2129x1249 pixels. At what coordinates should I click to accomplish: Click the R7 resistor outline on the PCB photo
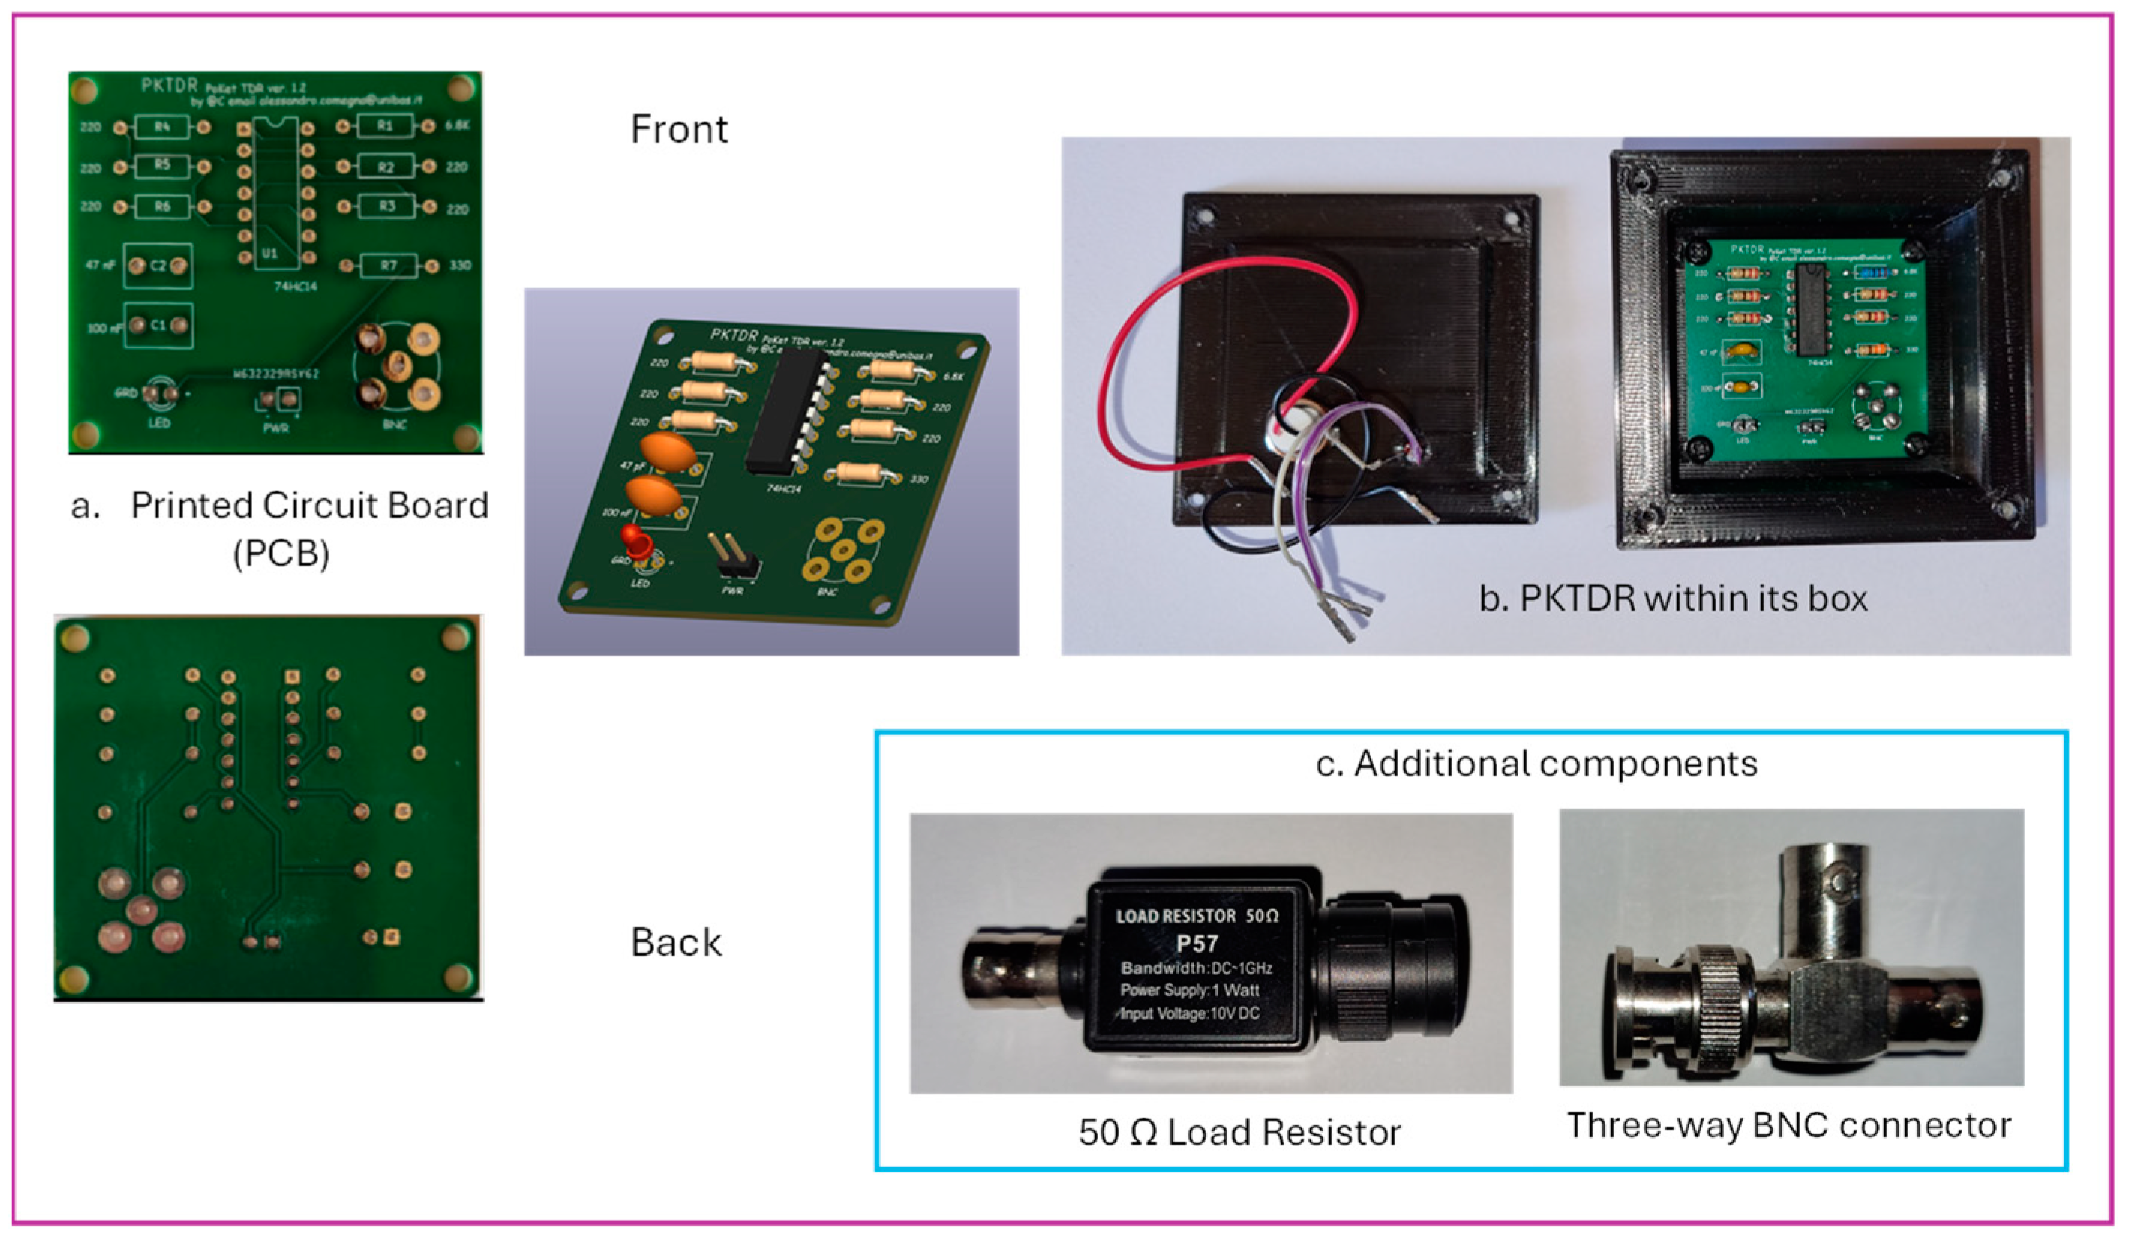pyautogui.click(x=388, y=266)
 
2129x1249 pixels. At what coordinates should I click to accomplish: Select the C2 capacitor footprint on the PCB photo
pyautogui.click(x=158, y=266)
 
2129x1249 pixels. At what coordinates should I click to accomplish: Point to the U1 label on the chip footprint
pyautogui.click(x=269, y=253)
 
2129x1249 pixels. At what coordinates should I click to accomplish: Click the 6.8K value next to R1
pyautogui.click(x=457, y=125)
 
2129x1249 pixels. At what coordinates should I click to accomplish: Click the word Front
pyautogui.click(x=678, y=129)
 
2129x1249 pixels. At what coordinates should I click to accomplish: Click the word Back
pyautogui.click(x=676, y=942)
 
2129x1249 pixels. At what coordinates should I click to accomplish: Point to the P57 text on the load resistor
pyautogui.click(x=1197, y=943)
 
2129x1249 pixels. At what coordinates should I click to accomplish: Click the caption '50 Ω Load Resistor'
pyautogui.click(x=1239, y=1133)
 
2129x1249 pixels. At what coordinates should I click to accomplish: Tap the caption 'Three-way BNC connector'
pyautogui.click(x=1789, y=1126)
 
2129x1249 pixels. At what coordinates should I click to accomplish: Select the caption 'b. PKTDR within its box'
pyautogui.click(x=1673, y=599)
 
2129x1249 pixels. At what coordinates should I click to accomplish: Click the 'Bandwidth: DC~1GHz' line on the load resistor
pyautogui.click(x=1197, y=968)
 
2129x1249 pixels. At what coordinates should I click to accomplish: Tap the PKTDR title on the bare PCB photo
pyautogui.click(x=169, y=86)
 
